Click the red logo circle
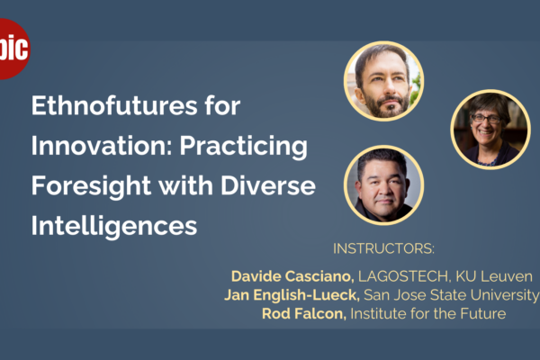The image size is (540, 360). click(13, 49)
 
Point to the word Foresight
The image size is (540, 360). click(91, 186)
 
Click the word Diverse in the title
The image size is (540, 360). click(268, 185)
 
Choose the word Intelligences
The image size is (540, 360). click(114, 226)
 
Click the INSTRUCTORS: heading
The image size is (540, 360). click(383, 248)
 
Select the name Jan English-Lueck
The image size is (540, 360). click(292, 295)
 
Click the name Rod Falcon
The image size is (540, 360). click(304, 314)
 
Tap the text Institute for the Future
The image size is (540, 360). click(428, 314)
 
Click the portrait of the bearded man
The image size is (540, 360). click(383, 81)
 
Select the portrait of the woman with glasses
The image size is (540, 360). click(490, 130)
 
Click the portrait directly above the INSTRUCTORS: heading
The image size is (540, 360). click(383, 185)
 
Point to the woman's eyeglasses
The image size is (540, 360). click(486, 119)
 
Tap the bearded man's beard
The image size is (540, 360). click(386, 104)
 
